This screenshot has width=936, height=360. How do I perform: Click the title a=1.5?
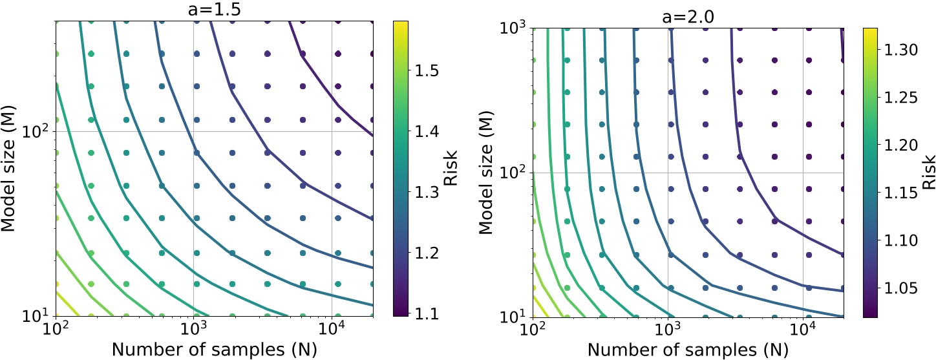click(215, 9)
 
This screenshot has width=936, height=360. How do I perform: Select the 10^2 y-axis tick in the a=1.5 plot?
click(38, 132)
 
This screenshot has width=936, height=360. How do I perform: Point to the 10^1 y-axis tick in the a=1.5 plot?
click(38, 316)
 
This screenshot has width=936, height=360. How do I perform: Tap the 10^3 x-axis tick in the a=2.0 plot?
click(667, 332)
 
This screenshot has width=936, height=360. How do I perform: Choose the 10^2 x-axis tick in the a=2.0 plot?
click(533, 332)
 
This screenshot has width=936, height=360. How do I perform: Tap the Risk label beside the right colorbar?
click(929, 173)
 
